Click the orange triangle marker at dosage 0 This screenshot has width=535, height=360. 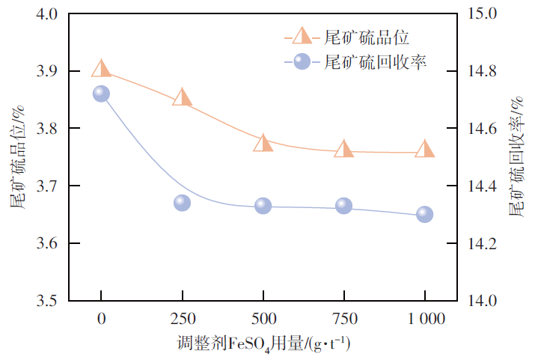point(102,70)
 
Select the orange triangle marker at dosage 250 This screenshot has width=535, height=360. point(182,98)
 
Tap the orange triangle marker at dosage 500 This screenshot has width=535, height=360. point(263,144)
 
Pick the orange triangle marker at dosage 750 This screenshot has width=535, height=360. point(343,150)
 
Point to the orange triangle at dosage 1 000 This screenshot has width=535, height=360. point(424,150)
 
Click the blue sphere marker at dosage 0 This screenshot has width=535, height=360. point(102,94)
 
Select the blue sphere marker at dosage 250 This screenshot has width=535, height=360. point(182,203)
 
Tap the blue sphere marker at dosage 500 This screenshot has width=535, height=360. point(263,206)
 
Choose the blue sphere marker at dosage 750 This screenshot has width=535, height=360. point(343,206)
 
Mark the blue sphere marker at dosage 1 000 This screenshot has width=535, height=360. point(424,215)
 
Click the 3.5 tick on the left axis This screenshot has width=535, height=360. point(48,301)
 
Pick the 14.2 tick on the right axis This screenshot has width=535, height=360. point(480,244)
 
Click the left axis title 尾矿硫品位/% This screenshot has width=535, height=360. point(18,156)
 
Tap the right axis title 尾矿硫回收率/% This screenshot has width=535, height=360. point(519,156)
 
